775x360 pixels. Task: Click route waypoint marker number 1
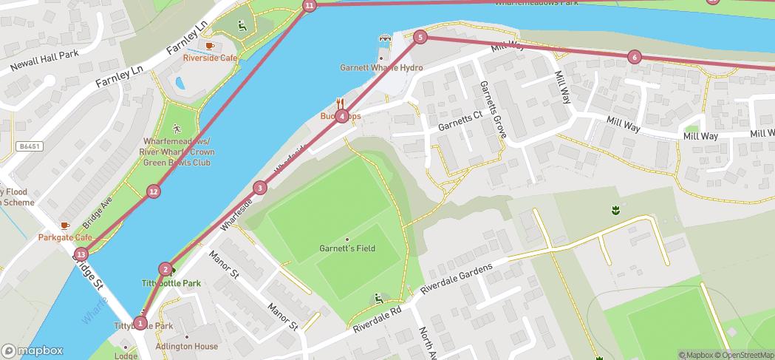(x=140, y=323)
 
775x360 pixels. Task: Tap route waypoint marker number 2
(x=165, y=270)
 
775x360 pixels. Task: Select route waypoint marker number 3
(x=259, y=188)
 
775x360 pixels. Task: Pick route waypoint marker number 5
(x=420, y=37)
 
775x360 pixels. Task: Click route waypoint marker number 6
(x=634, y=57)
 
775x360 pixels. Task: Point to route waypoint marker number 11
(x=309, y=6)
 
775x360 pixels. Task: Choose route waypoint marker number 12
(x=153, y=192)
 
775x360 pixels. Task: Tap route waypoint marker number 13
(x=81, y=255)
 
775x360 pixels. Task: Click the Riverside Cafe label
(x=211, y=58)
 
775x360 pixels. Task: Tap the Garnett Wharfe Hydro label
(x=381, y=68)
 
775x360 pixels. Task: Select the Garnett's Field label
(x=347, y=248)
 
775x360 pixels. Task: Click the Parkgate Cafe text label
(x=65, y=237)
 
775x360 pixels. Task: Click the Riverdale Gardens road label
(x=456, y=280)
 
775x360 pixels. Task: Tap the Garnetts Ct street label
(x=460, y=123)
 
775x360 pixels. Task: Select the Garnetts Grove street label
(x=492, y=109)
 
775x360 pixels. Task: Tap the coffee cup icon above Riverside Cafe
(x=210, y=46)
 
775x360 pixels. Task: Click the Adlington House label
(x=186, y=346)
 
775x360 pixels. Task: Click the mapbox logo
(x=33, y=351)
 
